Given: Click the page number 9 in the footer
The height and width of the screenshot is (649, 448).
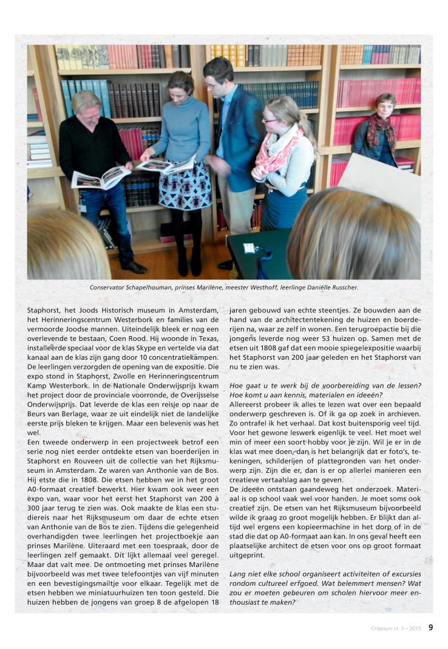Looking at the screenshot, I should [x=430, y=628].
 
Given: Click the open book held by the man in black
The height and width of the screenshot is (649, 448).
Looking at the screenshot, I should [x=100, y=177].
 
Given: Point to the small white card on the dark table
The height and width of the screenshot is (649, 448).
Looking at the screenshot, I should [x=248, y=247].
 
